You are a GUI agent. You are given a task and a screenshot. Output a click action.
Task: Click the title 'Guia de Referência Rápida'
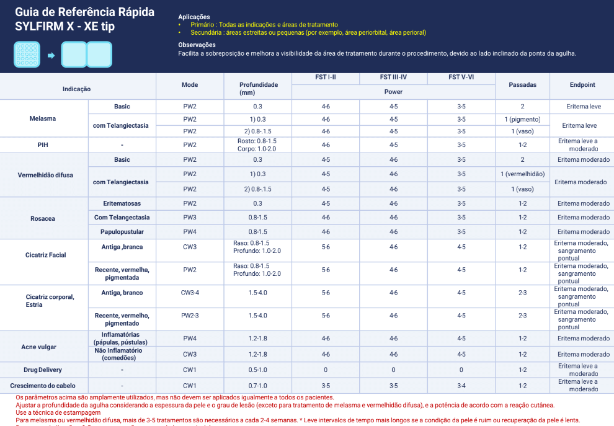point(84,12)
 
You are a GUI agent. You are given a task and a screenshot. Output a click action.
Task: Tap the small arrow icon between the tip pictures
point(51,55)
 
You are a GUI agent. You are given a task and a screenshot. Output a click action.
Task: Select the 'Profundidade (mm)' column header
point(259,88)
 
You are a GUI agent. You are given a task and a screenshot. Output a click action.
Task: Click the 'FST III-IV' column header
point(393,78)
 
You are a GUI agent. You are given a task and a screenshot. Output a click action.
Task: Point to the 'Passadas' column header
point(522,84)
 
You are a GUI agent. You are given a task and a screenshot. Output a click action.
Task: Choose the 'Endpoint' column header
point(582,84)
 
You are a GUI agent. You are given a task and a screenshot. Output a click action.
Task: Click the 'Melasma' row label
point(42,118)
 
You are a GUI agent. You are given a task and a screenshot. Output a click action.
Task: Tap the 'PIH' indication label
point(43,144)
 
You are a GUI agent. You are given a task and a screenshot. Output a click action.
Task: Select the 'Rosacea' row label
point(43,218)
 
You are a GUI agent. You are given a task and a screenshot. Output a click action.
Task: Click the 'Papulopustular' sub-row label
point(122,232)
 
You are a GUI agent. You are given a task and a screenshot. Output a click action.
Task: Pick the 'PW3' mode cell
point(190,218)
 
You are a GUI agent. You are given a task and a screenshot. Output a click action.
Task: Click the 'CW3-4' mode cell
point(190,293)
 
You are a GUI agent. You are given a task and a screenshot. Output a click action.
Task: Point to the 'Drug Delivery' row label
point(43,370)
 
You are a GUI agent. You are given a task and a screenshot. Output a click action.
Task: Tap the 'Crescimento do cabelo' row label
point(43,385)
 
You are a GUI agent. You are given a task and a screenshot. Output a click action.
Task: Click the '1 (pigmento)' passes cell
point(522,119)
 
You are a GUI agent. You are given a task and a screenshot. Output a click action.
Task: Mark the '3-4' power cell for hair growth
point(461,385)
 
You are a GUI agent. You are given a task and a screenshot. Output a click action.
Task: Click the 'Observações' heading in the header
point(197,45)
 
